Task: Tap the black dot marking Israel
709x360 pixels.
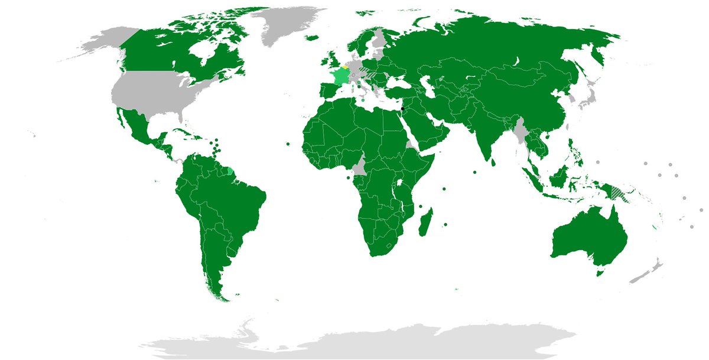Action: point(402,109)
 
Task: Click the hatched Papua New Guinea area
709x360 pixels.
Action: point(618,192)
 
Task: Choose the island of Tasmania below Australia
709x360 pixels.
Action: point(599,273)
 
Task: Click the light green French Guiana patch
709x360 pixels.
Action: point(230,171)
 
